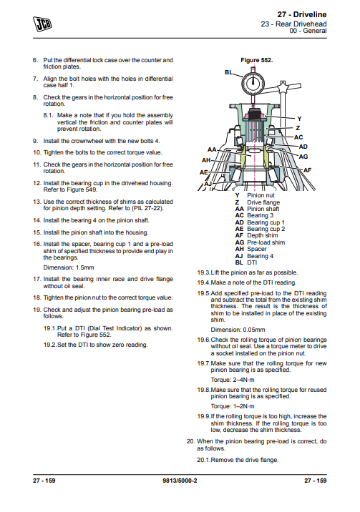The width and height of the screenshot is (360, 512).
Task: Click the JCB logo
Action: coord(42,24)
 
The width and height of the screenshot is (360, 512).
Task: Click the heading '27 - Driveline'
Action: coord(302,14)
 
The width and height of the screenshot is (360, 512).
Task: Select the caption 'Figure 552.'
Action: coord(257,60)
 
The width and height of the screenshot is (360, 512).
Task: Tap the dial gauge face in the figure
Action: coord(253,82)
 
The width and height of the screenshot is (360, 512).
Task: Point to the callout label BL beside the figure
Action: coord(229,72)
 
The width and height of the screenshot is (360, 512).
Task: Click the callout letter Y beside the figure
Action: coord(299,119)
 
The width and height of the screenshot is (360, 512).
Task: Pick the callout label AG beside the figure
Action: coord(303,157)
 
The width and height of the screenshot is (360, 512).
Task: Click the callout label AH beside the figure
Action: coord(206,160)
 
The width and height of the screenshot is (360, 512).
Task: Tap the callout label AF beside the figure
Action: coord(308,170)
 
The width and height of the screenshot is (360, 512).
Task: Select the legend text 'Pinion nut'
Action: coord(261,195)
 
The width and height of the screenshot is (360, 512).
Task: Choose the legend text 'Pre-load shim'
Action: coord(266,242)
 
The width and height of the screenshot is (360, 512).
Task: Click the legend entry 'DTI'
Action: coord(252,262)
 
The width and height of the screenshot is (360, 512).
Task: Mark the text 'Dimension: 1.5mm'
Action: coord(69,267)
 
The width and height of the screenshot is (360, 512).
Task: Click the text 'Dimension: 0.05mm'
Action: coord(238,330)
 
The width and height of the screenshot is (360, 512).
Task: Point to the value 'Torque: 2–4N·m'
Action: coord(233,380)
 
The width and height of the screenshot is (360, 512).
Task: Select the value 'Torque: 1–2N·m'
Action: coord(233,406)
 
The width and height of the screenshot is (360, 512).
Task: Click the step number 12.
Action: coord(37,183)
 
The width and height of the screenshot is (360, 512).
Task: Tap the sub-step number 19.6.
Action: coord(203,340)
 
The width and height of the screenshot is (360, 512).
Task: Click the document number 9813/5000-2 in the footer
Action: coord(180,481)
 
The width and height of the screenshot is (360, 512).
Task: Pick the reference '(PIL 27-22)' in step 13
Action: coord(147,208)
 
